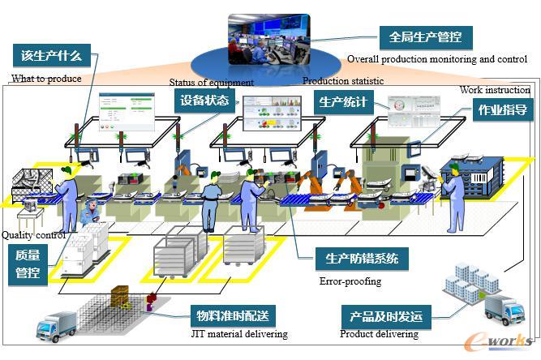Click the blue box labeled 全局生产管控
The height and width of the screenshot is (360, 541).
coord(425,37)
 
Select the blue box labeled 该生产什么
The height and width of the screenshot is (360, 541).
coord(52,56)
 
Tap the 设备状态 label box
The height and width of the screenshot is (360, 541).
coord(204,101)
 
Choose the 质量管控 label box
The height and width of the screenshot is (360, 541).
coord(28,265)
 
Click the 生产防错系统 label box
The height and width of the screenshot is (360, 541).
coord(362,259)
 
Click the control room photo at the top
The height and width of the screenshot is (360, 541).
coord(268,38)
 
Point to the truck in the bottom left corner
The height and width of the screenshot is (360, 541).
coord(57,326)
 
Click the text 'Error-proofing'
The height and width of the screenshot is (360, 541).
coord(350,282)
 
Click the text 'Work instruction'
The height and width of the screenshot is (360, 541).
coord(495,90)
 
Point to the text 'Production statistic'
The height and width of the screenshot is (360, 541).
coord(343,81)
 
